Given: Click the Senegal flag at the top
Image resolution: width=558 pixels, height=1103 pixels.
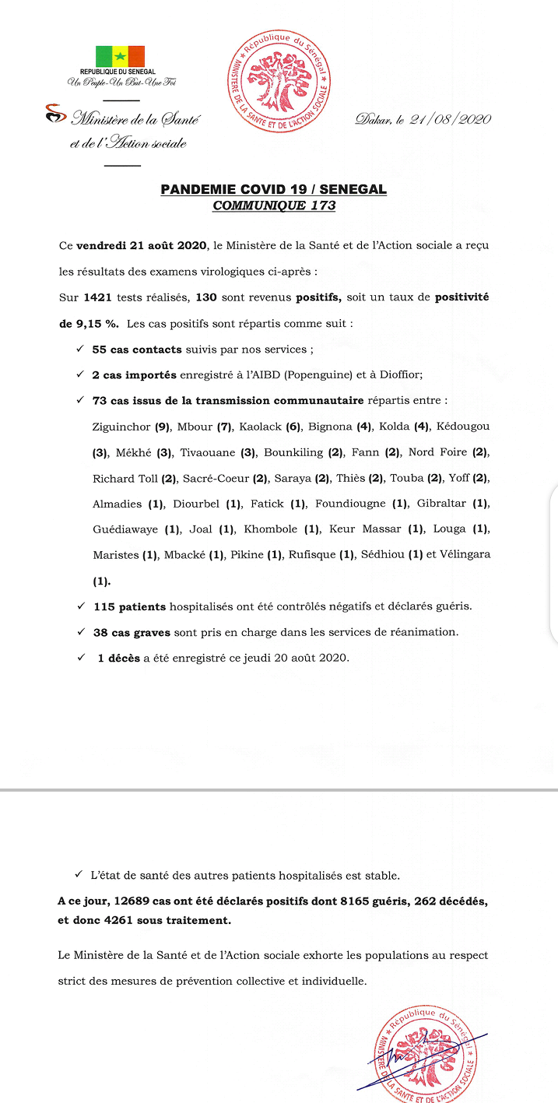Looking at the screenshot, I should [x=120, y=56].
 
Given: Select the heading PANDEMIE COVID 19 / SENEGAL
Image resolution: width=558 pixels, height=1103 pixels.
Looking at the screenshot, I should [x=273, y=189].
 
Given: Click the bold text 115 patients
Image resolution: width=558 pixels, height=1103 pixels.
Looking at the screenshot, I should [x=125, y=606].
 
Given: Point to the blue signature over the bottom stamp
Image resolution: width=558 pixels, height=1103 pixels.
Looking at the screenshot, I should [x=424, y=1056].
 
